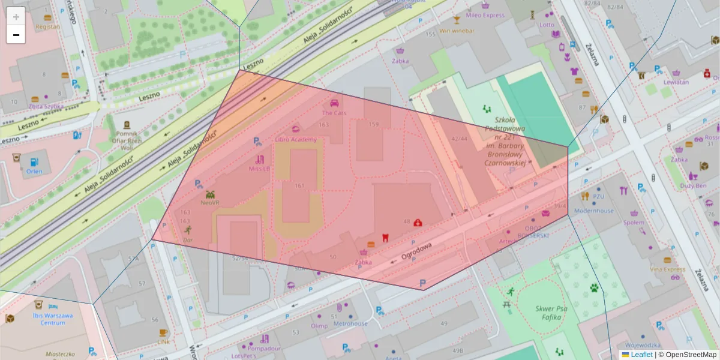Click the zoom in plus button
[x=16, y=17]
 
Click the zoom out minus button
[x=16, y=35]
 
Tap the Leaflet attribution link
[x=641, y=355]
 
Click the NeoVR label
[x=210, y=203]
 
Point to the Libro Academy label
[x=295, y=139]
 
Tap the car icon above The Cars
[x=334, y=103]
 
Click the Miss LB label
[x=259, y=169]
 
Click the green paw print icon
[x=594, y=287]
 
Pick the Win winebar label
[x=457, y=31]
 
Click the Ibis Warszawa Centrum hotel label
[x=53, y=319]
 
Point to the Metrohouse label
[x=350, y=323]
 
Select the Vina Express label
[x=667, y=269]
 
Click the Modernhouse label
[x=594, y=211]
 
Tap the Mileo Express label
[x=485, y=15]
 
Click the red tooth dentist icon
[x=385, y=237]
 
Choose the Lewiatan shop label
[x=676, y=82]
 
